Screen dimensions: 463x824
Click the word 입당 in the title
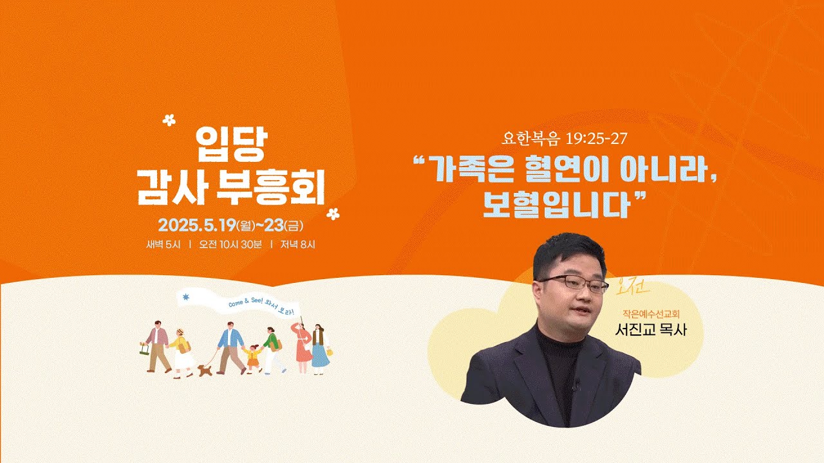pyautogui.click(x=230, y=145)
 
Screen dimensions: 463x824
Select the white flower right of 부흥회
pyautogui.click(x=333, y=213)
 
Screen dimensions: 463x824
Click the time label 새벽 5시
pyautogui.click(x=164, y=244)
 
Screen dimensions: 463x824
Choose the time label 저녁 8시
pyautogui.click(x=297, y=244)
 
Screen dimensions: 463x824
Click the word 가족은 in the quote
pyautogui.click(x=473, y=170)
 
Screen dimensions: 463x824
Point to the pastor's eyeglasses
pyautogui.click(x=572, y=283)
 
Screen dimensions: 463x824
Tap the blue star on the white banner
pyautogui.click(x=187, y=296)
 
